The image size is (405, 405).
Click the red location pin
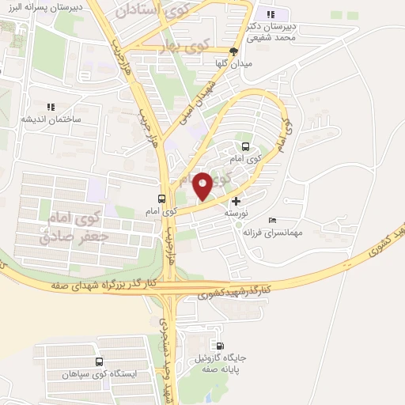point(202,185)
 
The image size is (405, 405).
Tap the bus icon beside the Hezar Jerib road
point(162,199)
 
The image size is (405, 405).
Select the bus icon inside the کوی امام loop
point(244,146)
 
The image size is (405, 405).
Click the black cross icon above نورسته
point(235,202)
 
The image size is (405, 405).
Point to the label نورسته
point(235,214)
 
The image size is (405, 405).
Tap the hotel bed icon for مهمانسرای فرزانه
point(273,220)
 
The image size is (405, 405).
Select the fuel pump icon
point(220,346)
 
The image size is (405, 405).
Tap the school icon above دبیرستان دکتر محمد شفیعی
point(271,13)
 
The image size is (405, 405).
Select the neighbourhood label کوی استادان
point(164,11)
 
